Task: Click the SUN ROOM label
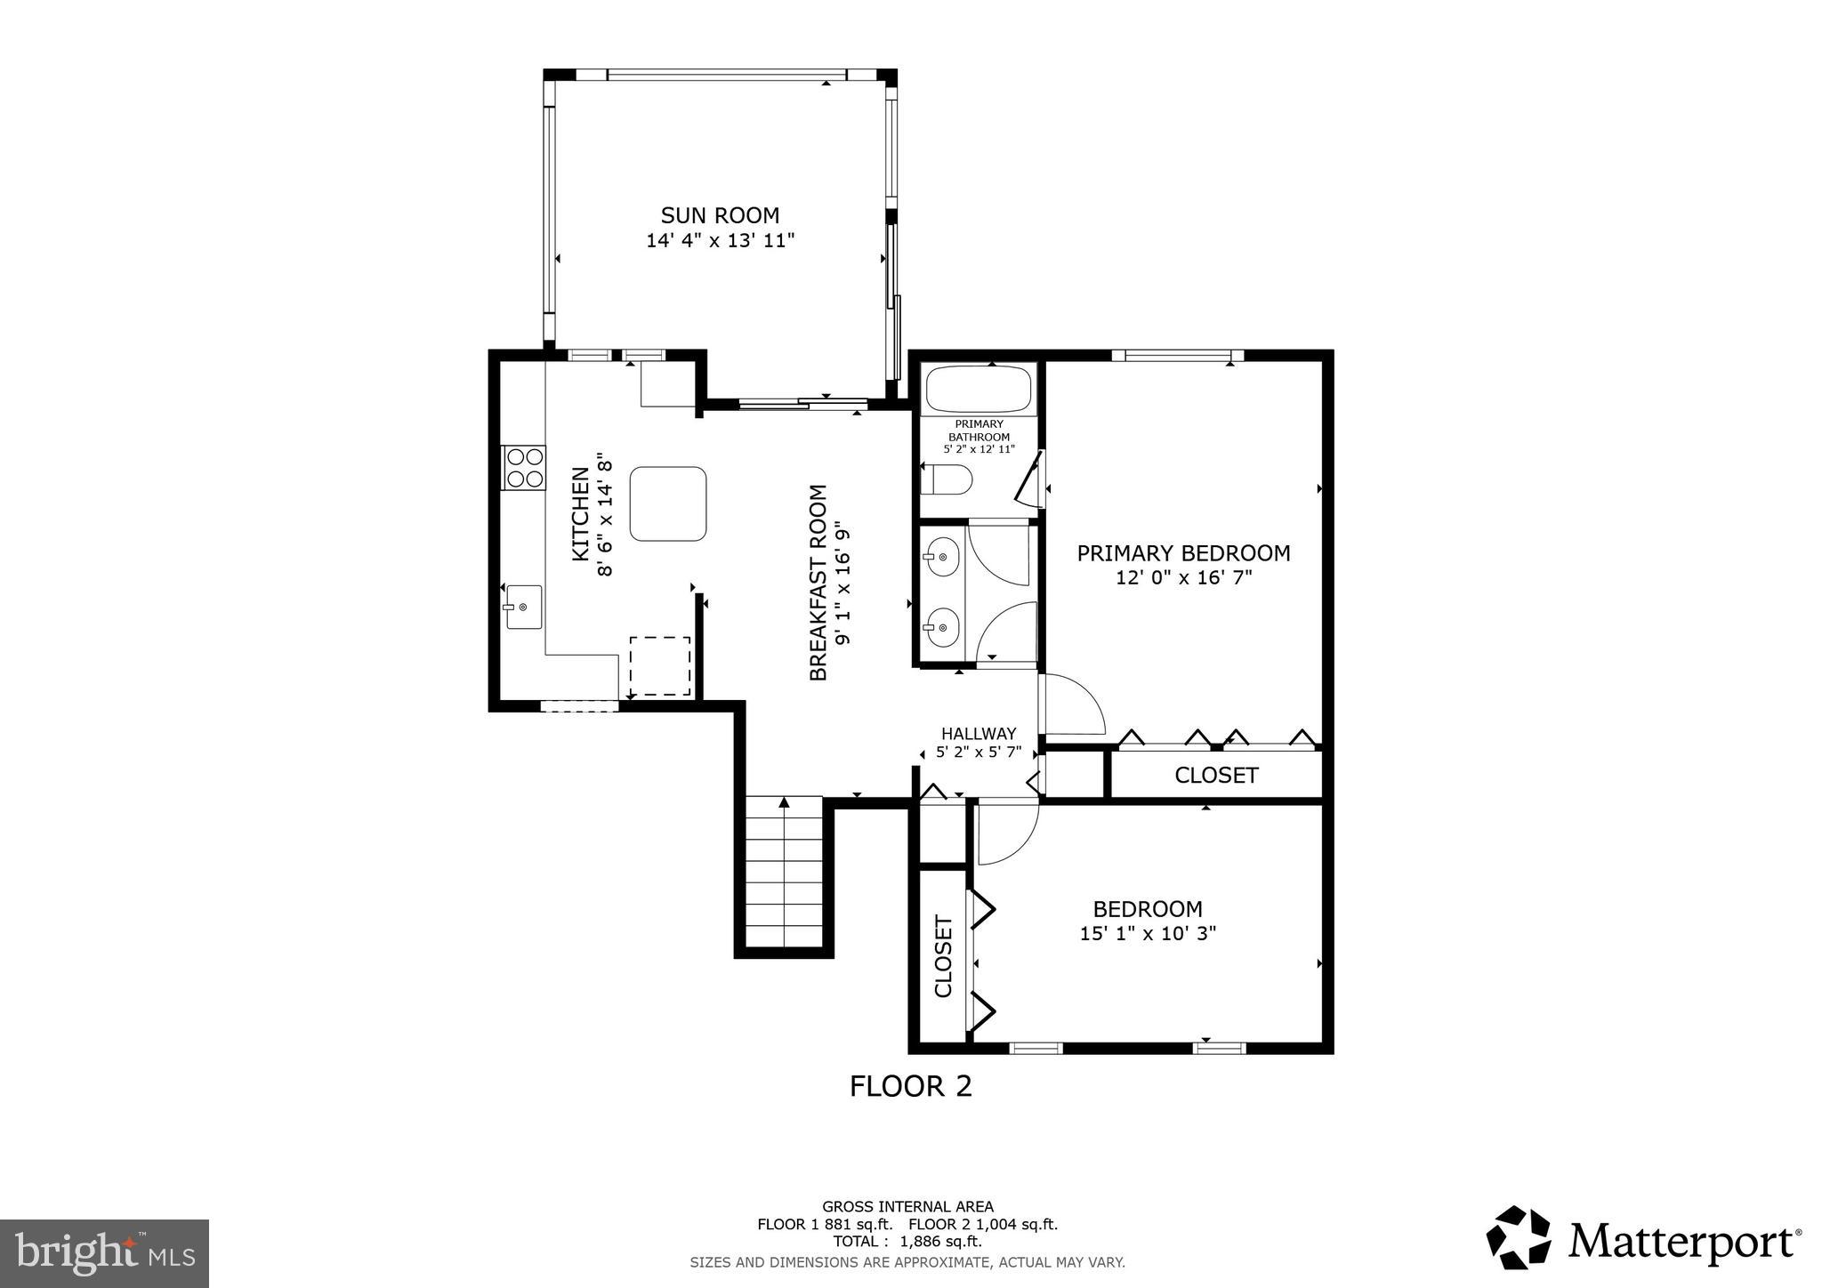[720, 215]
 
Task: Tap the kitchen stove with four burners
[524, 468]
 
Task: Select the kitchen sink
[523, 607]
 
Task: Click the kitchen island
[668, 503]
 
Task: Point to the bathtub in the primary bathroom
[978, 389]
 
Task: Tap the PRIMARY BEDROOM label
[1183, 553]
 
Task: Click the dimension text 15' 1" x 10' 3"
[1148, 933]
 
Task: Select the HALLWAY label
[979, 734]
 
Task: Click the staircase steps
[784, 876]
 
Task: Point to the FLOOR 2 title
[910, 1086]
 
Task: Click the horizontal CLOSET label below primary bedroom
[1216, 776]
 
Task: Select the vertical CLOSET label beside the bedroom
[943, 956]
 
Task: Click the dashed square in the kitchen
[660, 665]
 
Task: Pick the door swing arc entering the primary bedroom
[1074, 705]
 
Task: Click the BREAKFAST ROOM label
[818, 583]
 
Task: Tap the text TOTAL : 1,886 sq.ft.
[907, 1241]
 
